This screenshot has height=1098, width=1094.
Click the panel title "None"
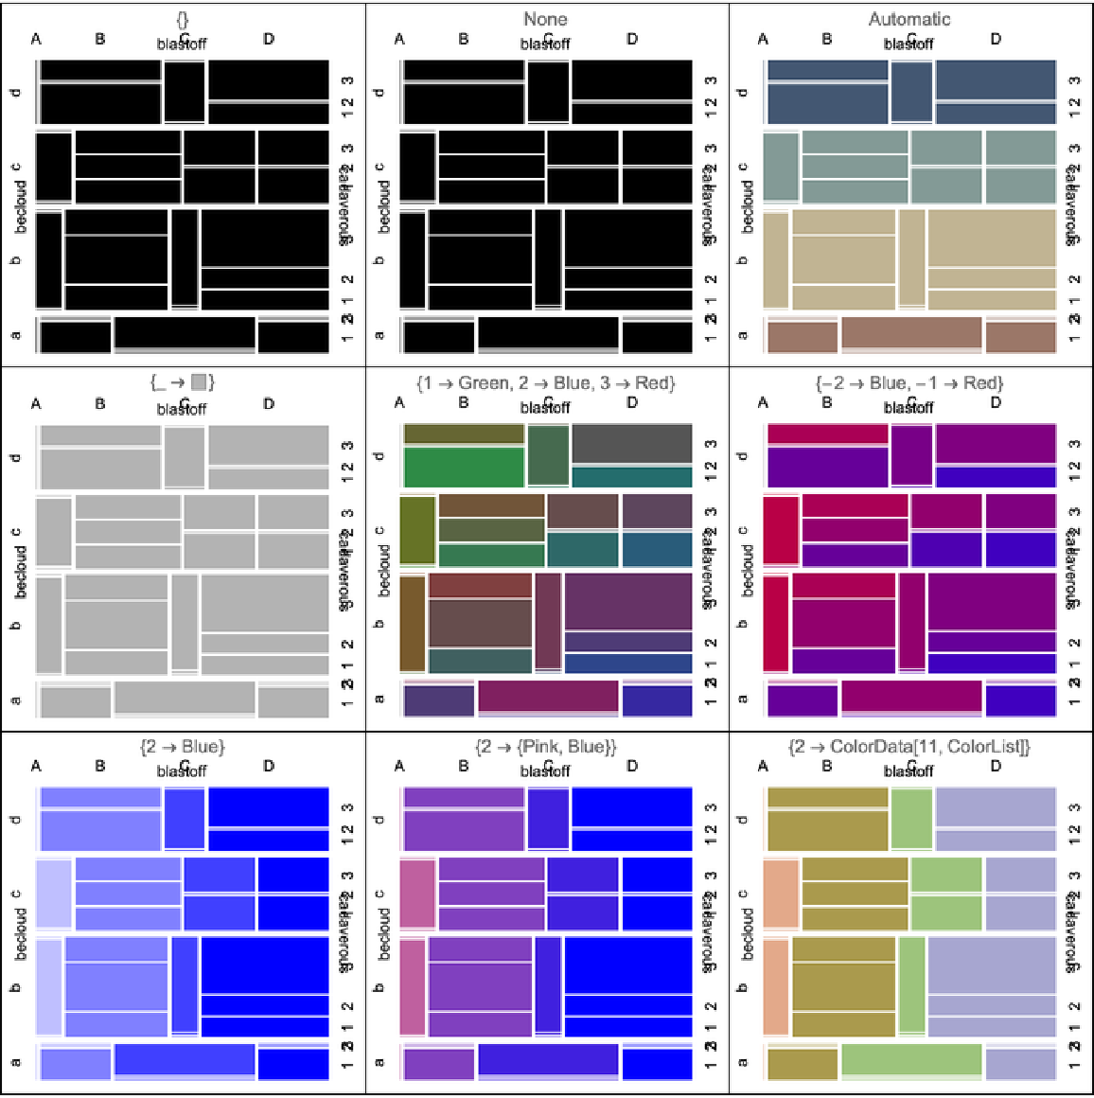[x=545, y=19]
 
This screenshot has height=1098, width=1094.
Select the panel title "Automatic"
[x=909, y=19]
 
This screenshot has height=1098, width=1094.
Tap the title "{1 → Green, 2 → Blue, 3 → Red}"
[x=545, y=382]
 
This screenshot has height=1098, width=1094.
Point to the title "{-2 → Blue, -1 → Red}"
[x=909, y=382]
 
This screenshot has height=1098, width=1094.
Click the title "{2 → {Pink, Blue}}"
[x=545, y=747]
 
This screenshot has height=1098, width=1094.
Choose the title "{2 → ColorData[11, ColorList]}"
[x=909, y=747]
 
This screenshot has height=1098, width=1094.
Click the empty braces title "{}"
[x=182, y=19]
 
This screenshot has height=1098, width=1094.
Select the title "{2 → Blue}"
[x=182, y=747]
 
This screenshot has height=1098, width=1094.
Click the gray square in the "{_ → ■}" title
[x=199, y=382]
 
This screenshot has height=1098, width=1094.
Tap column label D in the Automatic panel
[x=996, y=39]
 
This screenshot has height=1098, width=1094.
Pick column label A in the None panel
[x=399, y=39]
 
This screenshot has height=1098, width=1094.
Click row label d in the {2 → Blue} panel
[x=16, y=819]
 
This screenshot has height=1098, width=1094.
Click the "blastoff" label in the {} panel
[x=182, y=44]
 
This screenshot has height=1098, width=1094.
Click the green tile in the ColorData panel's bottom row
[x=910, y=1060]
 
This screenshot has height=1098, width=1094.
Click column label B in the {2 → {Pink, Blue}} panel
[x=464, y=766]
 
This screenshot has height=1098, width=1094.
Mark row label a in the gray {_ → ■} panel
[x=16, y=700]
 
